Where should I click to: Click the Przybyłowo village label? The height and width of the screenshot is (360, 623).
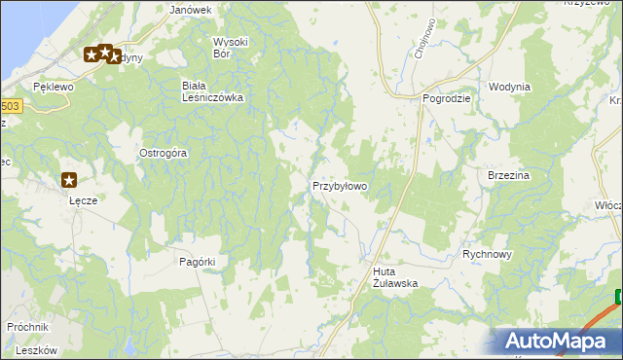[x=339, y=185]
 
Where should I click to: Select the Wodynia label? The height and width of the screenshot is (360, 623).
[x=510, y=87]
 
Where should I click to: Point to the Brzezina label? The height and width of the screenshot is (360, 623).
[x=507, y=175]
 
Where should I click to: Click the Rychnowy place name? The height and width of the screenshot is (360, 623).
[x=487, y=253]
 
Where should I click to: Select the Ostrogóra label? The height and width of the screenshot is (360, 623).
[x=164, y=153]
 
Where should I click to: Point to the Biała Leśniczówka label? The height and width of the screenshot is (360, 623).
[x=212, y=90]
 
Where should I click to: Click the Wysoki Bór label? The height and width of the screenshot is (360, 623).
[x=231, y=48]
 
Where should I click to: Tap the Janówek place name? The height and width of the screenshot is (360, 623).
[x=191, y=10]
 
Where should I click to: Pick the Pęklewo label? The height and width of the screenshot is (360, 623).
[x=54, y=87]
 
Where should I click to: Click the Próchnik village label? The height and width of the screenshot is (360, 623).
[x=27, y=327]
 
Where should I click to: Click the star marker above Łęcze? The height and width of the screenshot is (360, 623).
[x=69, y=179]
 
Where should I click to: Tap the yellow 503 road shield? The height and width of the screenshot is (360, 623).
[x=9, y=106]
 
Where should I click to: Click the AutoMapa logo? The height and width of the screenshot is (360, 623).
[x=560, y=341]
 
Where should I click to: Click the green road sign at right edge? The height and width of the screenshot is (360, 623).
[x=619, y=298]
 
